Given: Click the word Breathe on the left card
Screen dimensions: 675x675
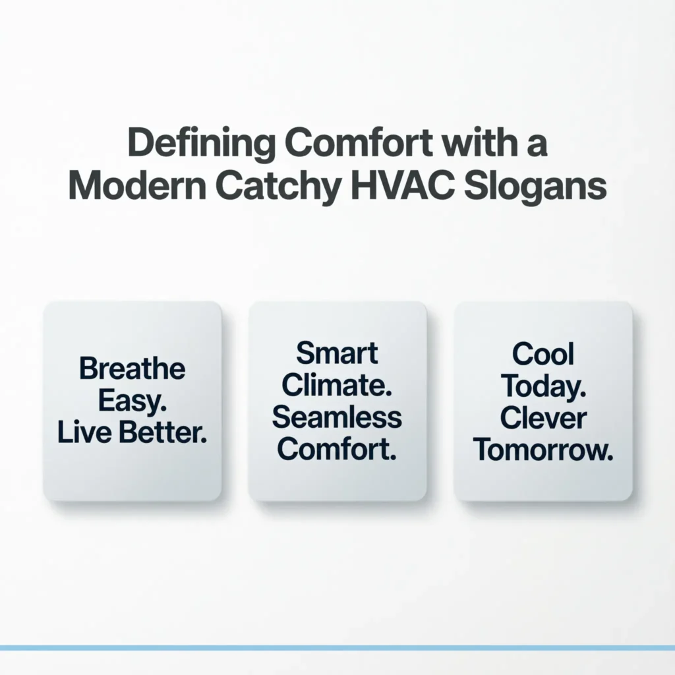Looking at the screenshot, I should pyautogui.click(x=132, y=368).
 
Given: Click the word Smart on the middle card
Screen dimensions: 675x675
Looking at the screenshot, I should pyautogui.click(x=337, y=353).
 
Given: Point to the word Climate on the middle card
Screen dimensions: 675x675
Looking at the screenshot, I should pyautogui.click(x=337, y=385).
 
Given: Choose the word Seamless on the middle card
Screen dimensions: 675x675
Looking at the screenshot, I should pyautogui.click(x=337, y=417).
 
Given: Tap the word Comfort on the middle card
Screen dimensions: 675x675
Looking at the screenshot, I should pyautogui.click(x=337, y=449).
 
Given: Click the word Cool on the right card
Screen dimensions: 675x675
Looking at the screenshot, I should pyautogui.click(x=543, y=355).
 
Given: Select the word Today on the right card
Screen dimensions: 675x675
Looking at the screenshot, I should pyautogui.click(x=543, y=386).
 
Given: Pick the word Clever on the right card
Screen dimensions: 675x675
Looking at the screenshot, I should pyautogui.click(x=543, y=418).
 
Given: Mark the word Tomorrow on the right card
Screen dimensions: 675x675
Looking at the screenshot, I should pyautogui.click(x=543, y=450).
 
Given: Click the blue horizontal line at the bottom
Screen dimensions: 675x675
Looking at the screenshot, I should pyautogui.click(x=337, y=648).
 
